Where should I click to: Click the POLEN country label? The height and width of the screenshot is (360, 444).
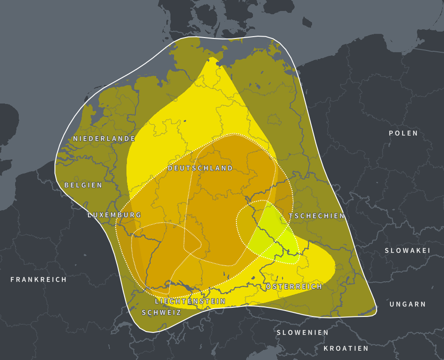click(403, 133)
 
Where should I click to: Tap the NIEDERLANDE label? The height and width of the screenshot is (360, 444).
click(104, 138)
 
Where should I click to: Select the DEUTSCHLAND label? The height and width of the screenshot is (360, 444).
click(200, 168)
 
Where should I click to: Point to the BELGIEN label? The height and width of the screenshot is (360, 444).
click(83, 185)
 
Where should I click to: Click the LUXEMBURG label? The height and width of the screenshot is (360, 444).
click(115, 215)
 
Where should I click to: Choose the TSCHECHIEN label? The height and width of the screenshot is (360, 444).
click(317, 216)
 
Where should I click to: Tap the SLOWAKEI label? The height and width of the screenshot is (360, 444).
click(407, 251)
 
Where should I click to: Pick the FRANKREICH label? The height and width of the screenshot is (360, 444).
click(38, 279)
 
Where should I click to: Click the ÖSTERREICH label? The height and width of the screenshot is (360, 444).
click(294, 286)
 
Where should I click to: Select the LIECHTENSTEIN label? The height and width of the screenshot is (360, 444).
click(190, 301)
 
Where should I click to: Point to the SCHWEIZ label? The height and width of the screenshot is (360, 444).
click(161, 312)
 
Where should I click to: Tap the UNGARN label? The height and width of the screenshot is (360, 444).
click(407, 304)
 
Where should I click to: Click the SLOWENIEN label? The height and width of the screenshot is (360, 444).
click(302, 333)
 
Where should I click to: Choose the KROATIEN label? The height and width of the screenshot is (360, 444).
click(346, 349)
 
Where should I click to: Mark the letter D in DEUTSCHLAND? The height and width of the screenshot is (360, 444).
click(170, 168)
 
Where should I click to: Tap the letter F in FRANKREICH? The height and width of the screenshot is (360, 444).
click(13, 279)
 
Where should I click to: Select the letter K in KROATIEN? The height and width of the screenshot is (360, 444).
click(326, 349)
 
